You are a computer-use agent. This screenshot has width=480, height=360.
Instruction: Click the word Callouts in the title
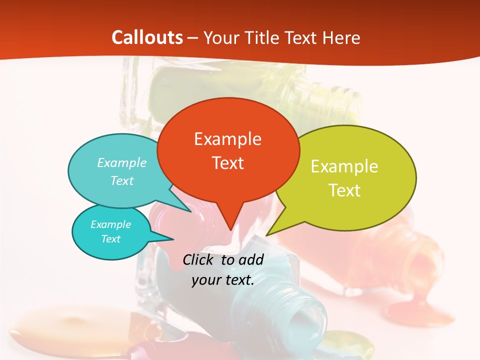[x=147, y=37]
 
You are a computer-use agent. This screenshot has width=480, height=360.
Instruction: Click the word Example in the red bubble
[x=227, y=138]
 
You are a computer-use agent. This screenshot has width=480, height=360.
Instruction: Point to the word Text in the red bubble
[x=227, y=162]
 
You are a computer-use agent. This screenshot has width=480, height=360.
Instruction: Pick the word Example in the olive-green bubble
[x=344, y=166]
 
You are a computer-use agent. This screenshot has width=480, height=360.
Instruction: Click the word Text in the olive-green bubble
[x=344, y=190]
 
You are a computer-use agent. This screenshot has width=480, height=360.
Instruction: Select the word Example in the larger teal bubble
[x=122, y=162]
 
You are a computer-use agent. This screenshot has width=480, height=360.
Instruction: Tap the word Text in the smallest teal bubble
[x=111, y=239]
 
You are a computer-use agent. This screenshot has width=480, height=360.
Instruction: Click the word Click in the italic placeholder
[x=200, y=259]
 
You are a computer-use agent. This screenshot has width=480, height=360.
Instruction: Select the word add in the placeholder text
[x=251, y=259]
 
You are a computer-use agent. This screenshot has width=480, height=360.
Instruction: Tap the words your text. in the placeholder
[x=223, y=280]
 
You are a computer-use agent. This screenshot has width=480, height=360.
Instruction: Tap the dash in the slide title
[x=192, y=38]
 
